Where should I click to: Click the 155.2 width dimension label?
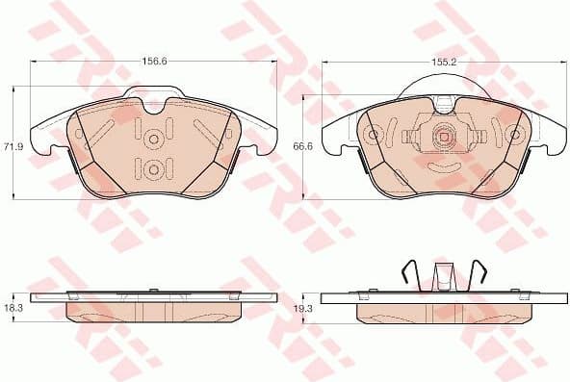pyautogui.click(x=443, y=60)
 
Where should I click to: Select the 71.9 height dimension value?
pyautogui.click(x=13, y=145)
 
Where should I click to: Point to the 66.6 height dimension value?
pyautogui.click(x=303, y=145)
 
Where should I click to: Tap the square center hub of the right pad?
pyautogui.click(x=444, y=137)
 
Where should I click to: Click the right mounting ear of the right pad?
pyautogui.click(x=544, y=140)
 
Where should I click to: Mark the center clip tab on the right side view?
pyautogui.click(x=444, y=275)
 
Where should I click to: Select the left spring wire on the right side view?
pyautogui.click(x=408, y=273)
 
